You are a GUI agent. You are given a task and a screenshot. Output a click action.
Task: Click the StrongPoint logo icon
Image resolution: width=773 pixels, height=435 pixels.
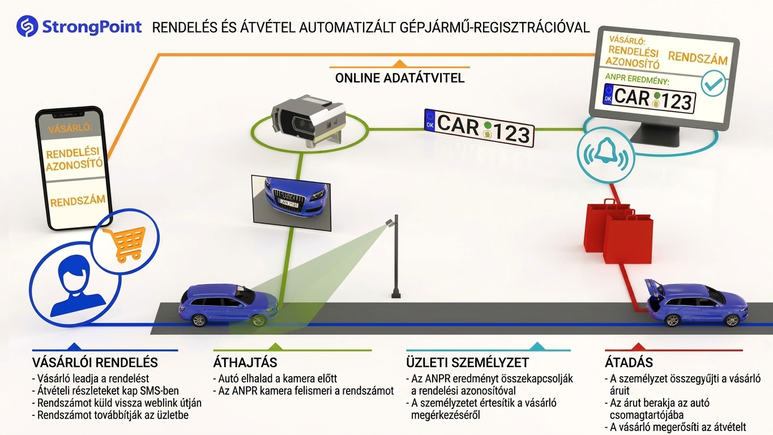[27, 26]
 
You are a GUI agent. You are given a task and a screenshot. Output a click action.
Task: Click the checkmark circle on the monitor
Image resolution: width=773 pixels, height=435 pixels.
[714, 83]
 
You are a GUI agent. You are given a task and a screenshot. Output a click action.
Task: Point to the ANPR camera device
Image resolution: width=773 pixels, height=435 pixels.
[309, 121]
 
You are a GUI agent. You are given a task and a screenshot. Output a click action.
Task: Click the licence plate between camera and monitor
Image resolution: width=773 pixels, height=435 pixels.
[480, 128]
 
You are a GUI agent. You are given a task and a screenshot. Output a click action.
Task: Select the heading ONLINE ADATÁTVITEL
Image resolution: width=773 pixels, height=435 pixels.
[400, 78]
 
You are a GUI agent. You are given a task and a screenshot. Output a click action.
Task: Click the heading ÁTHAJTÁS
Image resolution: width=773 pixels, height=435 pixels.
[245, 362]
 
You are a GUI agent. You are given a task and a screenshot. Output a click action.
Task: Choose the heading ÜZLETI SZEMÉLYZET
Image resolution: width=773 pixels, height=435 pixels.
[467, 362]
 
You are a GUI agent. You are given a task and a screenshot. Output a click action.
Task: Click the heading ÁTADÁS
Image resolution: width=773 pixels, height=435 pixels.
[629, 362]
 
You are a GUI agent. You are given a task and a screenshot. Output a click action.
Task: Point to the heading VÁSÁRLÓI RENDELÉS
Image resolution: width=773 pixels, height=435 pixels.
[95, 362]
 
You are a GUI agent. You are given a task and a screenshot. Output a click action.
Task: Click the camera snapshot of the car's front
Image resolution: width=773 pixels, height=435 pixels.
[291, 203]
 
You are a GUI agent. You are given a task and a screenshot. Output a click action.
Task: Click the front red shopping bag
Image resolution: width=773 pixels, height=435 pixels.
[628, 239]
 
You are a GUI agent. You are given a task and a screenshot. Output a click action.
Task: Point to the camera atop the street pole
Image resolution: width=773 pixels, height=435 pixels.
[390, 223]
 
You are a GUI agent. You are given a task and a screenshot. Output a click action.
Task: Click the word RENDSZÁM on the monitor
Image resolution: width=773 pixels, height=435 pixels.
[698, 58]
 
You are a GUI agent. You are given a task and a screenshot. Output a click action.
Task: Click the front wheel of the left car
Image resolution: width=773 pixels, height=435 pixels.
[258, 321]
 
